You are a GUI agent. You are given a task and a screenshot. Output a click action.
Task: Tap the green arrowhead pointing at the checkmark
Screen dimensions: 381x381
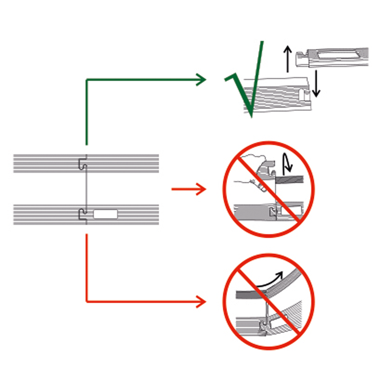[x=201, y=80]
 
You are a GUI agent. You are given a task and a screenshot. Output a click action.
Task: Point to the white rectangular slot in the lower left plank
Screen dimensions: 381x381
[x=106, y=215]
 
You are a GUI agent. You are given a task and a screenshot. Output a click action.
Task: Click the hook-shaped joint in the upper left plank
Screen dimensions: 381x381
[x=82, y=163]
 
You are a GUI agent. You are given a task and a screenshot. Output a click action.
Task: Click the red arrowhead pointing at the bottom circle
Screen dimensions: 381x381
[x=201, y=302]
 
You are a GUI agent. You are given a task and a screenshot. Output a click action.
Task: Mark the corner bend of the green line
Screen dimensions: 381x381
[x=87, y=80]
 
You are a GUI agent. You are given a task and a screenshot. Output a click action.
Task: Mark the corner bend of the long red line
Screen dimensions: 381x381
[x=87, y=302]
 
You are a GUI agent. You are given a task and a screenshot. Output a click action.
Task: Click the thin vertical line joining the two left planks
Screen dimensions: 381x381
[x=87, y=189]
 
